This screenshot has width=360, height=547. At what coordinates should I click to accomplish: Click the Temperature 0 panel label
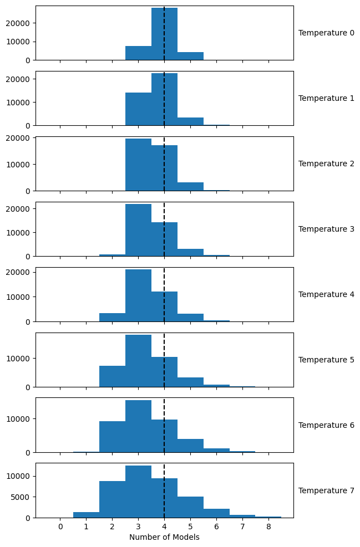[326, 33]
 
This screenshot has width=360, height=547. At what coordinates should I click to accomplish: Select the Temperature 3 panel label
[326, 229]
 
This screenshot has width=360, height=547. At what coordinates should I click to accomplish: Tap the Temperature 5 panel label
[326, 360]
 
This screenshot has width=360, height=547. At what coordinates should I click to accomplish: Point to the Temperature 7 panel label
[326, 490]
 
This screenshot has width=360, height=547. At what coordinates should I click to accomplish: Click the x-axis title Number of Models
[164, 537]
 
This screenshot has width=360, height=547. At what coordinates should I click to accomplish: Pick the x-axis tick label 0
[60, 526]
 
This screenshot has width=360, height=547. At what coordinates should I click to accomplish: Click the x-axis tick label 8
[268, 526]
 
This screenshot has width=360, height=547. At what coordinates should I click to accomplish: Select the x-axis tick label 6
[216, 526]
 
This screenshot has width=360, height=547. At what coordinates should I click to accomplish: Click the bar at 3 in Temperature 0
[138, 53]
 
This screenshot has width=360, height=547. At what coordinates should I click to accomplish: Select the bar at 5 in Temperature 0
[190, 56]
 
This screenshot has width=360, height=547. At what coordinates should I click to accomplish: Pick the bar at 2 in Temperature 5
[112, 376]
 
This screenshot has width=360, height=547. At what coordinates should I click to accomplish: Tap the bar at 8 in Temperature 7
[268, 517]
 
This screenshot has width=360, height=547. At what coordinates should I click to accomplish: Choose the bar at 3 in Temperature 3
[138, 230]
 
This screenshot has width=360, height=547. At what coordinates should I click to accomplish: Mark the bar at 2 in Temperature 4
[112, 317]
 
